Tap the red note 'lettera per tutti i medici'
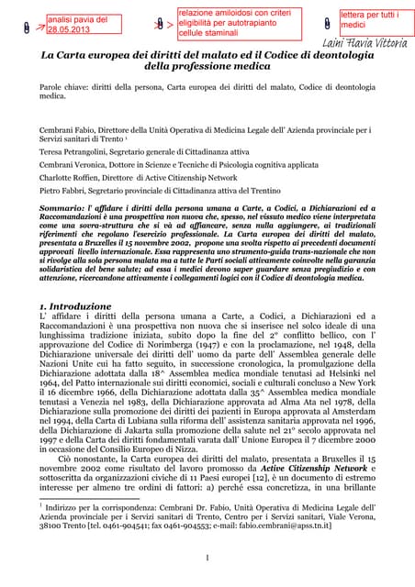(x=372, y=19)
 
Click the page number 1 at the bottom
(x=207, y=559)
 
